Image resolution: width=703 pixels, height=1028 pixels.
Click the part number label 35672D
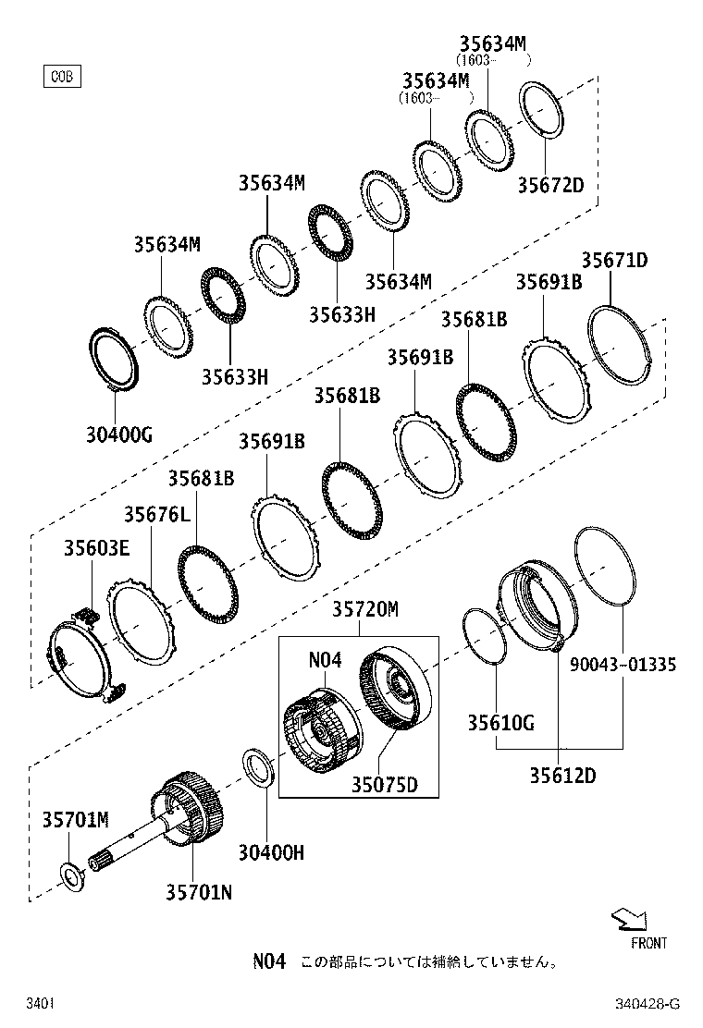pos(550,185)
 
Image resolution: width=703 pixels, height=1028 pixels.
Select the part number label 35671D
pos(614,261)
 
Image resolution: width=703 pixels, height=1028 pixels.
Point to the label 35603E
pos(96,547)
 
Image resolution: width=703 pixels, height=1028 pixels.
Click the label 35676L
pos(157,515)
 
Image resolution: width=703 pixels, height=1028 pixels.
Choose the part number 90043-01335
pos(623,665)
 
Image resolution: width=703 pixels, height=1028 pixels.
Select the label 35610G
pos(499,723)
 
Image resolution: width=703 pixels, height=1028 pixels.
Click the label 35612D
pos(562,775)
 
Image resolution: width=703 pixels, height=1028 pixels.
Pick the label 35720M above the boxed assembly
pos(365,609)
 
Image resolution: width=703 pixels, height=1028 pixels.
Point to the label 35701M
pos(75,819)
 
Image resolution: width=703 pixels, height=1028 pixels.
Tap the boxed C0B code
pos(62,76)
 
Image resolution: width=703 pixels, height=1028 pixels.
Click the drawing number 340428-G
pos(648,1004)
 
